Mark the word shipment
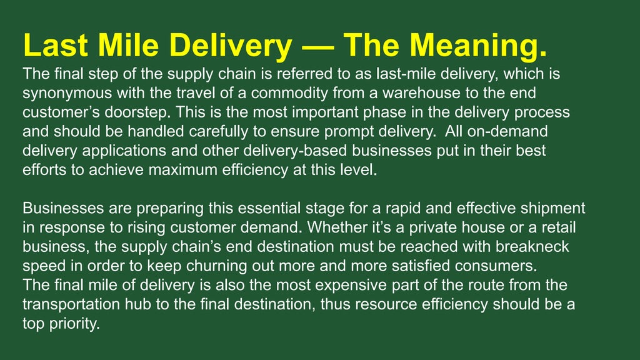click(550, 209)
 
